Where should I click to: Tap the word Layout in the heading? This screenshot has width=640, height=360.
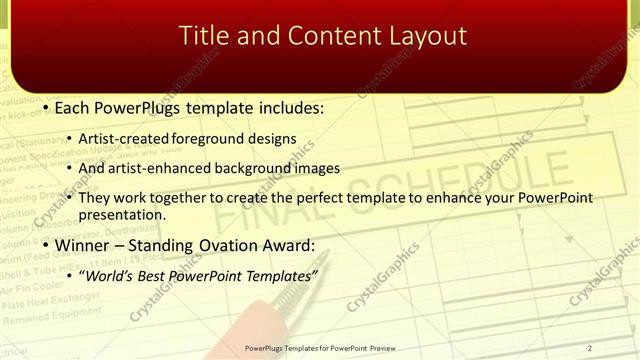425,36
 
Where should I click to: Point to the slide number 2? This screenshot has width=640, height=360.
590,348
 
